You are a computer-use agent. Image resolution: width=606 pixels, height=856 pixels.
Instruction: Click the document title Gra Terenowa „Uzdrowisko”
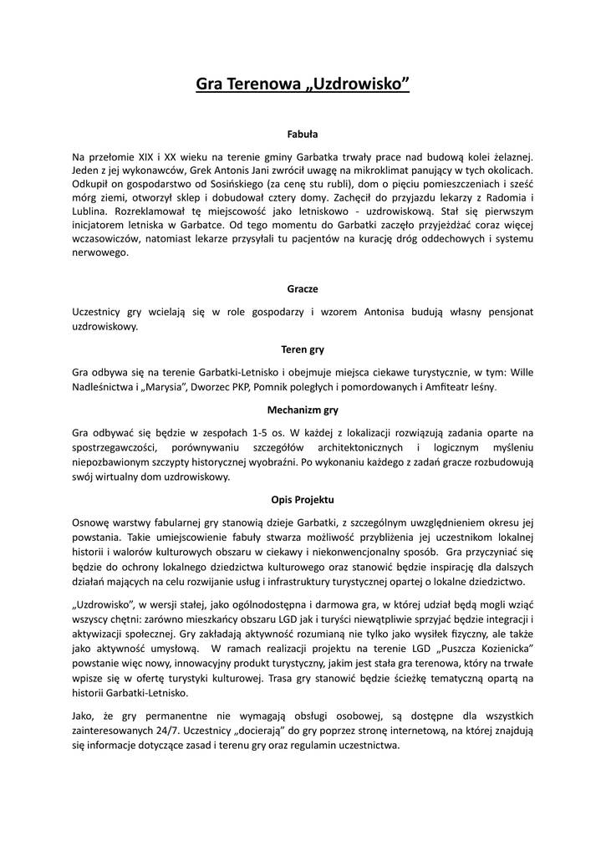(303, 84)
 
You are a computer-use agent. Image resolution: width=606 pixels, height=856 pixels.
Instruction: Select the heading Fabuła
(303, 133)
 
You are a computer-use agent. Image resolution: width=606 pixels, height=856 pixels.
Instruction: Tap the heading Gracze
(303, 288)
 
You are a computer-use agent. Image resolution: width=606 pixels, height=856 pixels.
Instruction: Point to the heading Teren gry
(303, 349)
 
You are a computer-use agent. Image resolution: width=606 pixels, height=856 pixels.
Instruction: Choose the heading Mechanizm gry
(303, 410)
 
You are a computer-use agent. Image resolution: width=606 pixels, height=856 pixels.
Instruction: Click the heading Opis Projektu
(303, 500)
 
